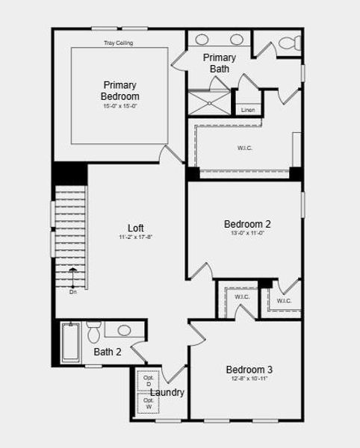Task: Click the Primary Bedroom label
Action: click(120, 90)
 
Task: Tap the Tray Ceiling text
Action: click(119, 43)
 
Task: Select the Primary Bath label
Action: click(220, 63)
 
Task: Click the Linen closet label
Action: click(247, 111)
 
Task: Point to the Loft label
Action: click(135, 228)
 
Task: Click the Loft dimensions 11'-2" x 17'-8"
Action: click(135, 237)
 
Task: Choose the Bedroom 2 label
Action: click(247, 223)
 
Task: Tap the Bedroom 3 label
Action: click(249, 370)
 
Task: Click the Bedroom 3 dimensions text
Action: click(249, 379)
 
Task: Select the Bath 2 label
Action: click(108, 352)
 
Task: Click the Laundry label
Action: click(167, 393)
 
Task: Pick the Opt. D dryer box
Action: click(149, 381)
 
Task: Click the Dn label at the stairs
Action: click(73, 292)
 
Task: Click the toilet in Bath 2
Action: click(94, 332)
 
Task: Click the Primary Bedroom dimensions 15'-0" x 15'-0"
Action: click(120, 106)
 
